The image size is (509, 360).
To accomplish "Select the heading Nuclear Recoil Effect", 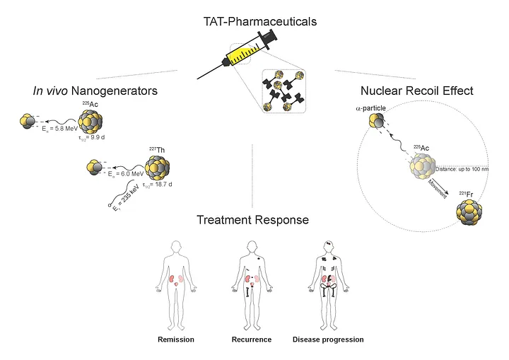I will pyautogui.click(x=416, y=91).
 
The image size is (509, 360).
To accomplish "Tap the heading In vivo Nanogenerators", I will pyautogui.click(x=95, y=91).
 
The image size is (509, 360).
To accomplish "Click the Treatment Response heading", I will pyautogui.click(x=253, y=220).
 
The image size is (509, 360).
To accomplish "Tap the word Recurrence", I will pyautogui.click(x=252, y=339).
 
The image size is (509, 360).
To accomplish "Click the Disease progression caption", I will pyautogui.click(x=328, y=339).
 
